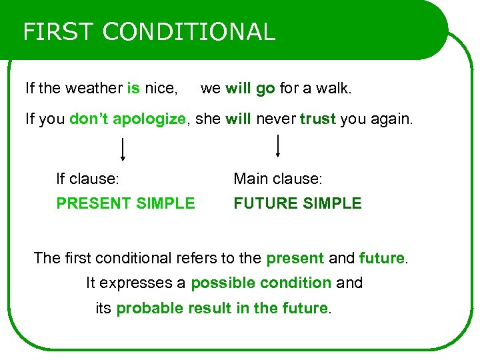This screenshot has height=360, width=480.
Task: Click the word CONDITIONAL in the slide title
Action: [189, 32]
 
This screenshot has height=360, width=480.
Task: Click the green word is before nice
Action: [133, 88]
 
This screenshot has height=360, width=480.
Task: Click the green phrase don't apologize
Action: [127, 119]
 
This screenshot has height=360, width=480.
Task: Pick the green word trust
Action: [318, 119]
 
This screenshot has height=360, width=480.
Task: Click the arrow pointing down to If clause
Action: [123, 149]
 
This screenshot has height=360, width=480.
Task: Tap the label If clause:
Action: [87, 179]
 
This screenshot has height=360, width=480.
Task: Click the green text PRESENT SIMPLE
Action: [125, 203]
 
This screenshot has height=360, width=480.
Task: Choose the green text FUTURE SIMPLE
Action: [297, 203]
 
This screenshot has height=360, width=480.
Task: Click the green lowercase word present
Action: [295, 258]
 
